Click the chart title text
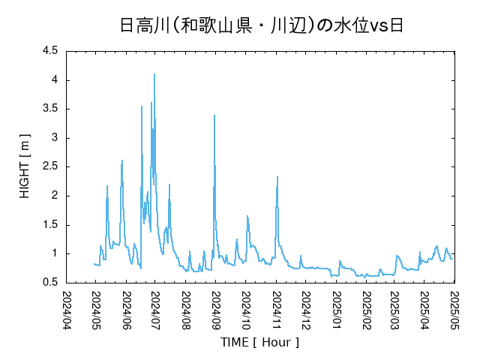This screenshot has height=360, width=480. tap(262, 25)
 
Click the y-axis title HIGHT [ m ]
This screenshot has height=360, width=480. tap(24, 167)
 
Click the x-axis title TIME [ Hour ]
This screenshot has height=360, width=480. tap(259, 342)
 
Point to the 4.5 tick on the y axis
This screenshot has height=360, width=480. tap(50, 51)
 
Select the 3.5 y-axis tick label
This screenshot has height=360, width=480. tap(50, 109)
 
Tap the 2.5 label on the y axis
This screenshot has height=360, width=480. tap(50, 166)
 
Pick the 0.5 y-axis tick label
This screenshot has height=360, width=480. tap(50, 282)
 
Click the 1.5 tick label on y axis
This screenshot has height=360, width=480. tap(50, 224)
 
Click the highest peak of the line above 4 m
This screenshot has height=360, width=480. tap(154, 74)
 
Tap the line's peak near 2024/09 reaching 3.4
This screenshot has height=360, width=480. tap(214, 115)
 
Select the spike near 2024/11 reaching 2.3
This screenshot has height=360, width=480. tap(277, 177)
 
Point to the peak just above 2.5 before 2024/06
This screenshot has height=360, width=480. tap(121, 160)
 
